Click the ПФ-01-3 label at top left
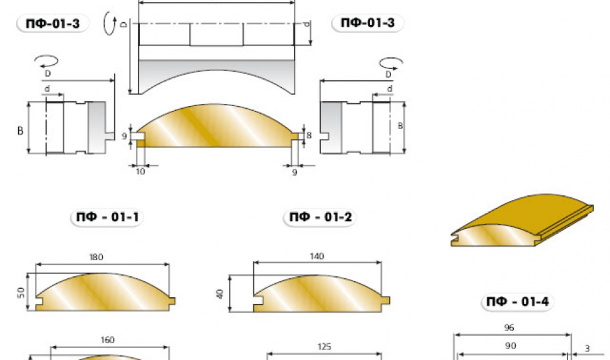(52, 24)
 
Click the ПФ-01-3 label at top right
(367, 22)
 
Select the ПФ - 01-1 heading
(107, 217)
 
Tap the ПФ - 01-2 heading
(321, 217)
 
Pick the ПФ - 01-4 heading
(518, 301)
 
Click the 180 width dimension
(96, 257)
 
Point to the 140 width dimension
(317, 257)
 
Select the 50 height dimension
(21, 292)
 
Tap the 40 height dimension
(220, 294)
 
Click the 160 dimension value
(107, 340)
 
